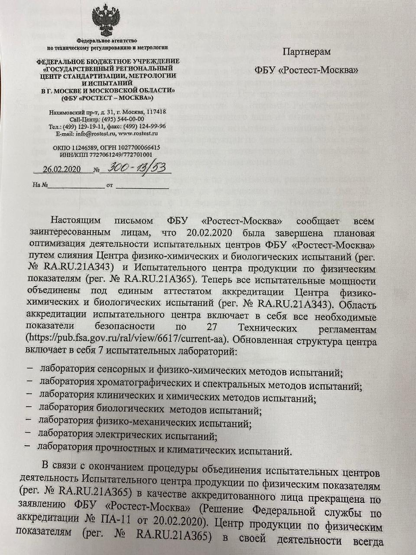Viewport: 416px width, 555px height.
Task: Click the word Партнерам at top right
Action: point(306,52)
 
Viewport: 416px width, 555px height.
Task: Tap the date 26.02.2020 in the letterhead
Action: point(61,170)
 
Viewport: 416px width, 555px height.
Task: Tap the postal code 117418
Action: point(157,112)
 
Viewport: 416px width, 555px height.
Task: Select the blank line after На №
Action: point(76,186)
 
